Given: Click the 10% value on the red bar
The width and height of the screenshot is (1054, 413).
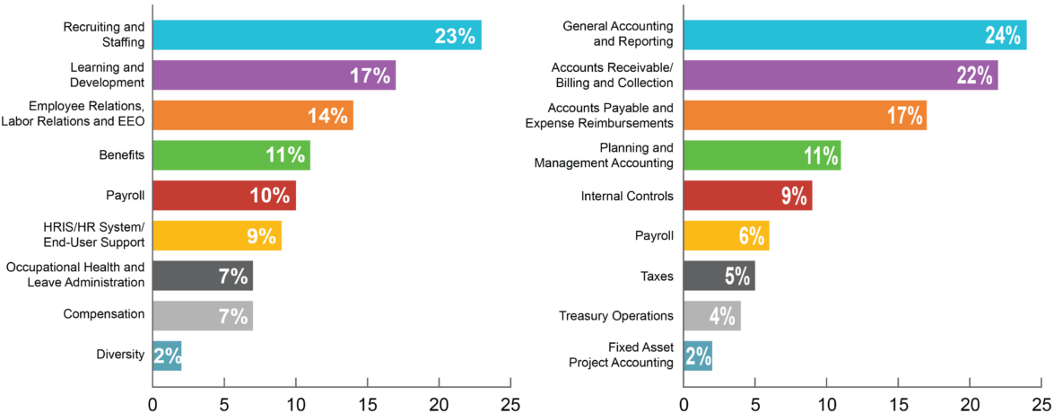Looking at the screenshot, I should pos(270,196).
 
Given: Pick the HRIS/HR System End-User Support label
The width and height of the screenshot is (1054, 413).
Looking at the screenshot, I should pos(100,235).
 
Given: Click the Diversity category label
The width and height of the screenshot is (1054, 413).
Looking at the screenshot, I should pos(120,355).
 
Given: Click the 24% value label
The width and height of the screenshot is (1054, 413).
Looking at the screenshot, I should pos(1002,35).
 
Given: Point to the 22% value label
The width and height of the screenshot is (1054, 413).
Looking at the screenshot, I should pos(973,75).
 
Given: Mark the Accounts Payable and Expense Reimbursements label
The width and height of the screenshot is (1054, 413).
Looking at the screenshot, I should pos(598,116).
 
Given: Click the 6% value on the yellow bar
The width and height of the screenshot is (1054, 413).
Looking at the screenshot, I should pos(751,235).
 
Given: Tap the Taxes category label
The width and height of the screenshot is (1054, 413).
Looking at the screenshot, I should pos(657,276).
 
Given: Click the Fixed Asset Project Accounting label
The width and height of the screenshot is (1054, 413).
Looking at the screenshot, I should pos(621,355).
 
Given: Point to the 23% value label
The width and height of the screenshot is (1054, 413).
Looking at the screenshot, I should pos(455,35).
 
